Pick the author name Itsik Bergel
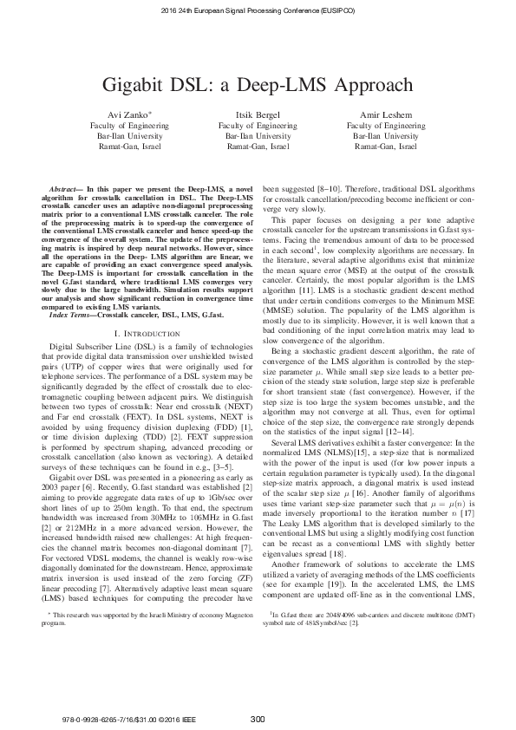[x=257, y=115]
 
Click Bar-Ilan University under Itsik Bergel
[x=257, y=136]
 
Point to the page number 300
[x=258, y=718]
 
